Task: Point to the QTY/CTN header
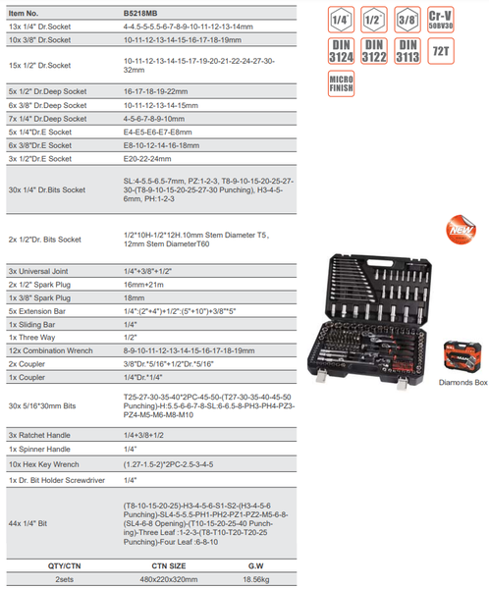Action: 62,566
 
